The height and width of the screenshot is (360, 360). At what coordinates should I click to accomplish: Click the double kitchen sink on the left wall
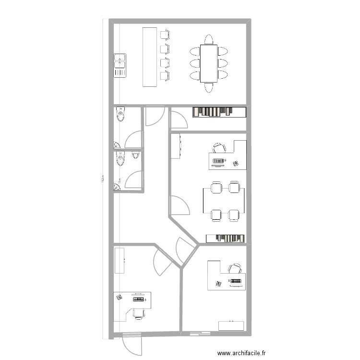(x=120, y=65)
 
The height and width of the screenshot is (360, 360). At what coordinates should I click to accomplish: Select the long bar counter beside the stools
(x=150, y=57)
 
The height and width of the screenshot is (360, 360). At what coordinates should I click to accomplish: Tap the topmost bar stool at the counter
(x=165, y=34)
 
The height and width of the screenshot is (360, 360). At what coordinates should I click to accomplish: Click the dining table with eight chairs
(x=209, y=63)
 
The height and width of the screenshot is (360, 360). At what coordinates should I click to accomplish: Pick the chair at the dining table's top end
(x=209, y=39)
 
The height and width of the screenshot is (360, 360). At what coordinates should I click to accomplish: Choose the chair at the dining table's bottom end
(x=209, y=87)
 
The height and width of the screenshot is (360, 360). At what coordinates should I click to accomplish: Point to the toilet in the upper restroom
(x=120, y=114)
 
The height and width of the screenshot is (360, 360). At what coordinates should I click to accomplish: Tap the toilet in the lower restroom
(x=120, y=158)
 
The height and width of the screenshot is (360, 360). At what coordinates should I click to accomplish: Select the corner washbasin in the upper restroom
(x=117, y=144)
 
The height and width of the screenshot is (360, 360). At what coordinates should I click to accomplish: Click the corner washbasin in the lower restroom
(x=117, y=187)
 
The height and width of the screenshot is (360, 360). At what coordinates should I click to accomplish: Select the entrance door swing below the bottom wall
(x=131, y=344)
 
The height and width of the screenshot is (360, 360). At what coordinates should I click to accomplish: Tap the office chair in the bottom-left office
(x=139, y=313)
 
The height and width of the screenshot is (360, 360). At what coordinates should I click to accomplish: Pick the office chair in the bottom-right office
(x=235, y=269)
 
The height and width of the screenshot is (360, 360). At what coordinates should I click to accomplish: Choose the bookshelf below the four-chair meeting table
(x=226, y=238)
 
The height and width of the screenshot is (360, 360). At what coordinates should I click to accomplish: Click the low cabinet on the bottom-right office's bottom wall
(x=231, y=325)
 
